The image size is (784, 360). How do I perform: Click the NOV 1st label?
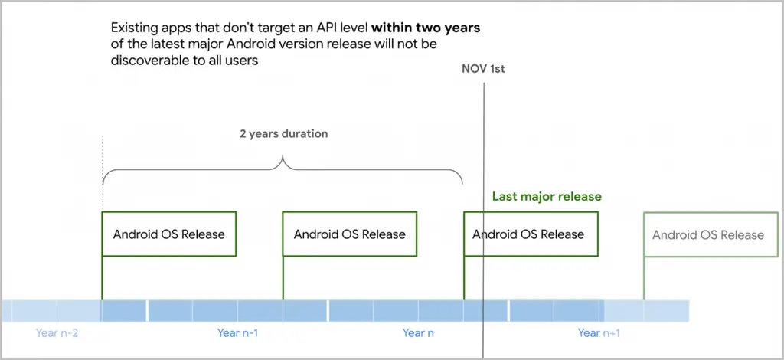point(483,69)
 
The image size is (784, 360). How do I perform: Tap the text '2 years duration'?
point(283,134)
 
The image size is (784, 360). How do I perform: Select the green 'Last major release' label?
point(547,197)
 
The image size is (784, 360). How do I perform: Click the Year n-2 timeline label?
point(57,333)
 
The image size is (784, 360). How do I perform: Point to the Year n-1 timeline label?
point(237,333)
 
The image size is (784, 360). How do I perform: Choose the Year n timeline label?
point(418,333)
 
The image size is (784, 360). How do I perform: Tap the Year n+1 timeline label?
point(599,333)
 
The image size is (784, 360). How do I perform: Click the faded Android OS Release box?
point(710,234)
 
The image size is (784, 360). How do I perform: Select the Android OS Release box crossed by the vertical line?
point(531,234)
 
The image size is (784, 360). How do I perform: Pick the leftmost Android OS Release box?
point(169,234)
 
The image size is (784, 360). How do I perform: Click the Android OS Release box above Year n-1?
point(349,234)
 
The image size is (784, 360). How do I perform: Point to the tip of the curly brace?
point(283,156)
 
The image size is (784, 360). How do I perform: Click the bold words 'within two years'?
point(426,28)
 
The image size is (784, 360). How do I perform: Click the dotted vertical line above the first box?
point(103,173)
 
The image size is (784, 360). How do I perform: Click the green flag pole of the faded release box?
point(644,278)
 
